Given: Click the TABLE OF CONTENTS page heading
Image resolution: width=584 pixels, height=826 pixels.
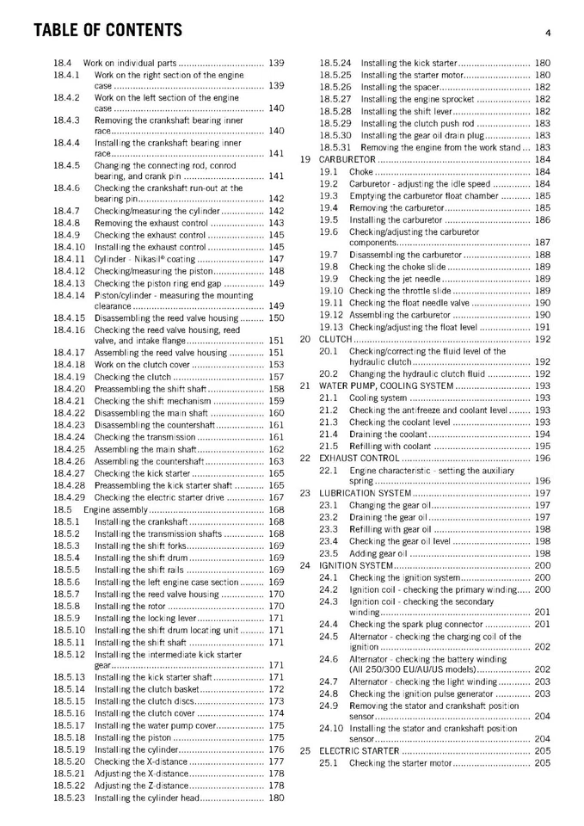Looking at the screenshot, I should click(x=108, y=31).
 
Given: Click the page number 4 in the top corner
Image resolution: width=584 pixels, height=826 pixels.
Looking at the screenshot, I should click(x=547, y=33).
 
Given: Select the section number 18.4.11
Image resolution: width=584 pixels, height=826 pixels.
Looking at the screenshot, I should click(x=68, y=259).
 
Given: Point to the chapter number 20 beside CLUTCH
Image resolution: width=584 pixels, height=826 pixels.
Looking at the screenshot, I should click(x=304, y=339).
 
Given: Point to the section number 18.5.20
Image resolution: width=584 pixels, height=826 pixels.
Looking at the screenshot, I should click(x=68, y=762).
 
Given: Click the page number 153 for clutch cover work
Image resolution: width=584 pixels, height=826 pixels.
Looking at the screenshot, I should click(x=276, y=365).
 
